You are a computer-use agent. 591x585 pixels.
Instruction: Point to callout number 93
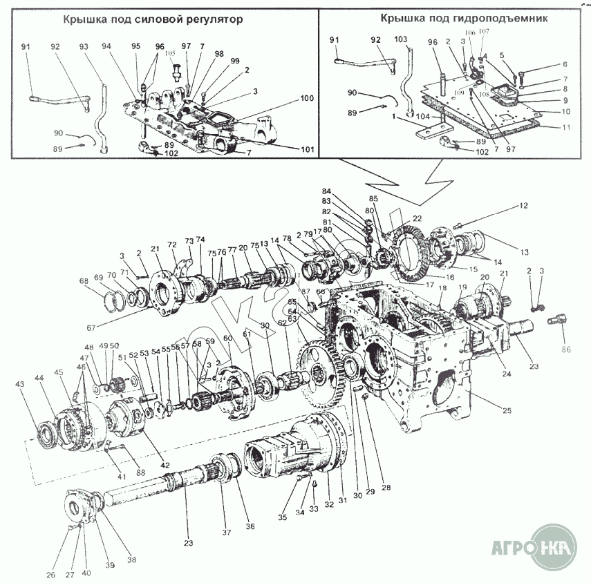click(x=84, y=47)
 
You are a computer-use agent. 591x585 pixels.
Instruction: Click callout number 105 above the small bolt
click(x=169, y=54)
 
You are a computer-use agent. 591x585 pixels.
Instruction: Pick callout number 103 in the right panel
click(x=400, y=41)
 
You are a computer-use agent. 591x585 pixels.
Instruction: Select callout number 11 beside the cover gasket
click(x=565, y=128)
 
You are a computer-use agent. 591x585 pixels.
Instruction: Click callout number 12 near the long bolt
click(x=523, y=206)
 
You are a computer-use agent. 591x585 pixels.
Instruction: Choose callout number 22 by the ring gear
click(x=416, y=219)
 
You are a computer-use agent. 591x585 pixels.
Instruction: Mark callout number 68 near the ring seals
click(x=84, y=281)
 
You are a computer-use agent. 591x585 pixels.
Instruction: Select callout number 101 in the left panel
click(x=307, y=149)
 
